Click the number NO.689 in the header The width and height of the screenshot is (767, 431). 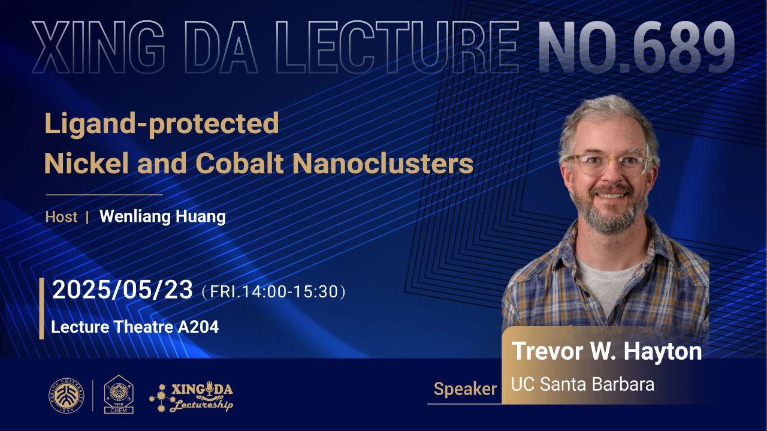(x=636, y=47)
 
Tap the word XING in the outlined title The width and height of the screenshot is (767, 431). (x=98, y=47)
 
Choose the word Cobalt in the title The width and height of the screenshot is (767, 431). (x=239, y=164)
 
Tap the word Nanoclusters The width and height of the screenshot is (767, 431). (x=383, y=164)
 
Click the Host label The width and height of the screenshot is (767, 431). (x=61, y=217)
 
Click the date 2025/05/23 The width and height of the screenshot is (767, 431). (x=123, y=290)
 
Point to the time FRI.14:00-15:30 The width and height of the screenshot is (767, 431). (x=274, y=292)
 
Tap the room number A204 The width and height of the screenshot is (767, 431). (x=198, y=327)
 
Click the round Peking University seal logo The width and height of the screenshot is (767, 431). (x=67, y=396)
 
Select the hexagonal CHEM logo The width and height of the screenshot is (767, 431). (x=119, y=394)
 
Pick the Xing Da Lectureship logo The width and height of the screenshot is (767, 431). (x=191, y=397)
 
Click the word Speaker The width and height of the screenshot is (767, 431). (x=465, y=389)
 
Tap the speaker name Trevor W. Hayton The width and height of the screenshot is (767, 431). (x=606, y=351)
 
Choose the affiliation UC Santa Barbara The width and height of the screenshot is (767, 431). (x=582, y=384)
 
